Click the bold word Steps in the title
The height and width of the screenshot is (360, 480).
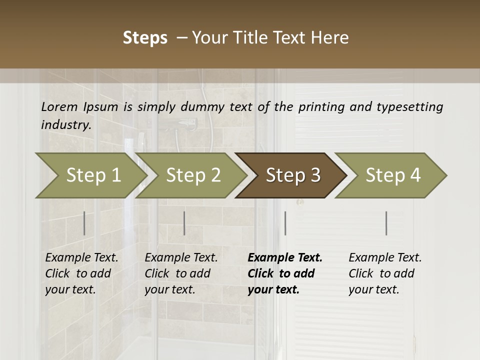coord(145,38)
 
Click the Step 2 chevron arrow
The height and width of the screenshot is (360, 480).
coord(192,175)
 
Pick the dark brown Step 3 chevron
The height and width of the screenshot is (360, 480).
coord(292,175)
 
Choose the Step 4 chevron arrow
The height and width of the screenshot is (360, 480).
coord(392,175)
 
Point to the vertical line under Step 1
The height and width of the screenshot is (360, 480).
coord(84,223)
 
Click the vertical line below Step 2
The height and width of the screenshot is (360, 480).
coord(184,223)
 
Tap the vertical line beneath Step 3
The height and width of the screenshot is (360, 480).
coord(285,223)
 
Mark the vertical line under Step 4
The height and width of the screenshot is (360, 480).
coord(386,223)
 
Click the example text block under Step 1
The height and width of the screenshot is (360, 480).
coord(81,273)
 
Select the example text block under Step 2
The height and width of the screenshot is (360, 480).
coord(181,273)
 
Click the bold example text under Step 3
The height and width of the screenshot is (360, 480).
coord(284,273)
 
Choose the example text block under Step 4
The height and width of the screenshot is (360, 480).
coord(385,273)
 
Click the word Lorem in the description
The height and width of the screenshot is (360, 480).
coord(59,107)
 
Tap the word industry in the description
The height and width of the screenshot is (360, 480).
coord(65,125)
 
